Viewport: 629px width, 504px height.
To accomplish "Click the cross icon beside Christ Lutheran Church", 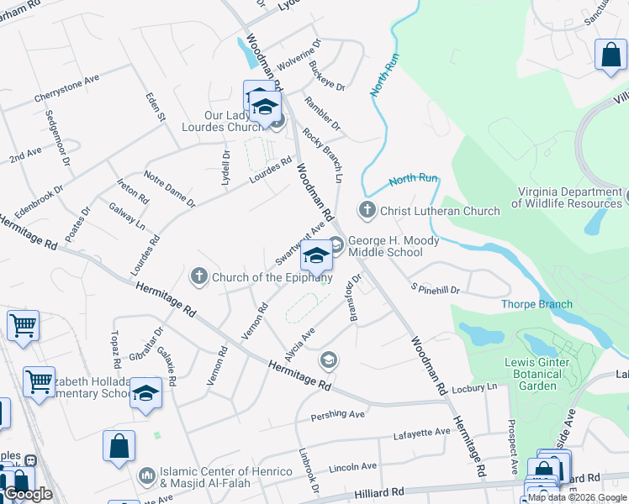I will pos(367,210).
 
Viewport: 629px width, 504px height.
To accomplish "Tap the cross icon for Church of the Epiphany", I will pos(198,276).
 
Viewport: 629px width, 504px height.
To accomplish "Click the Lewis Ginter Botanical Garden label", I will pos(536,374).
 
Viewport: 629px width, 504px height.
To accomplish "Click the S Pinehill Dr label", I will pos(435,290).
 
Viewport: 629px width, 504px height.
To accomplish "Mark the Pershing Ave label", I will pos(338,414).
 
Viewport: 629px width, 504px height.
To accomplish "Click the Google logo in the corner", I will pos(27,494).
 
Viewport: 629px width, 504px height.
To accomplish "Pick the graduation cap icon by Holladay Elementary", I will pos(146,393).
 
